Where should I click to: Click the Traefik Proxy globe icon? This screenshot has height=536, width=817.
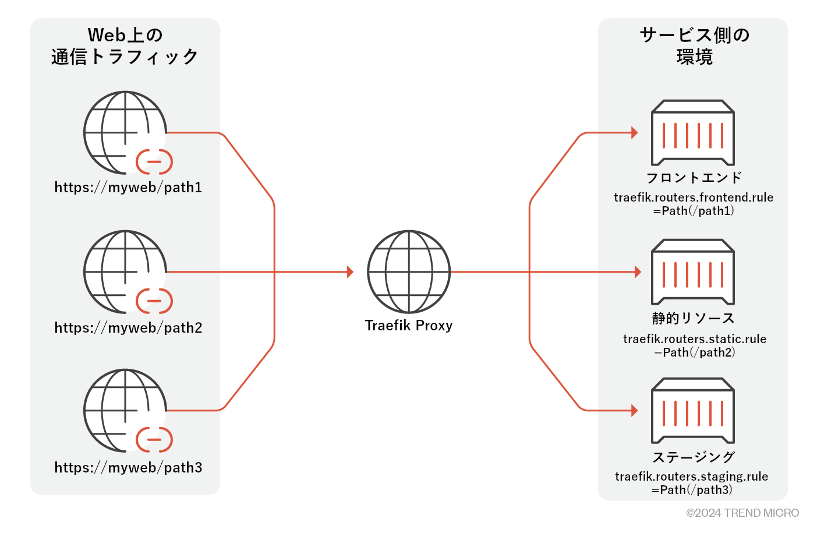pyautogui.click(x=409, y=271)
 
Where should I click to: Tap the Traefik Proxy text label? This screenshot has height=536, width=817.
pyautogui.click(x=409, y=325)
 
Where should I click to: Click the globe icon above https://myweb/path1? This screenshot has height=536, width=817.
pyautogui.click(x=125, y=132)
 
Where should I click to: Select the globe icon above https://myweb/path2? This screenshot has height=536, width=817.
pyautogui.click(x=125, y=271)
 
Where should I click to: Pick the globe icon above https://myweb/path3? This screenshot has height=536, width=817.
pyautogui.click(x=125, y=410)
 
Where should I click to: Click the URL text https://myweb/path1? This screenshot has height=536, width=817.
pyautogui.click(x=128, y=187)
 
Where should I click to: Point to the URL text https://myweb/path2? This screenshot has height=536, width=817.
pyautogui.click(x=128, y=327)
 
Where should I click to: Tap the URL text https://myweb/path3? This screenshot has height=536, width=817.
pyautogui.click(x=128, y=467)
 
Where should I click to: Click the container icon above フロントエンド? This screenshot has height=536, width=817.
pyautogui.click(x=692, y=133)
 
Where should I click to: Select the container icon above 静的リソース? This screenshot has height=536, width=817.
pyautogui.click(x=692, y=271)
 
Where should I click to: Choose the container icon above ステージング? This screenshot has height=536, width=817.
pyautogui.click(x=692, y=410)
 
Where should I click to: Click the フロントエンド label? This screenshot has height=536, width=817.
pyautogui.click(x=694, y=177)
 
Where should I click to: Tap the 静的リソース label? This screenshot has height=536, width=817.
pyautogui.click(x=694, y=318)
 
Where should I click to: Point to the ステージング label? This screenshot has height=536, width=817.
pyautogui.click(x=694, y=457)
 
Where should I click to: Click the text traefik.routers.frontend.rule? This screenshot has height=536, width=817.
pyautogui.click(x=694, y=198)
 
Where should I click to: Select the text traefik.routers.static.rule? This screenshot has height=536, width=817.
pyautogui.click(x=695, y=338)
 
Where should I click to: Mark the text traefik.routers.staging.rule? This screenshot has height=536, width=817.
pyautogui.click(x=692, y=477)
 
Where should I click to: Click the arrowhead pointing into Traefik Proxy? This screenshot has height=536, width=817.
pyautogui.click(x=350, y=271)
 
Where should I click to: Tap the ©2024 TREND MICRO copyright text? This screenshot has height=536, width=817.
pyautogui.click(x=742, y=513)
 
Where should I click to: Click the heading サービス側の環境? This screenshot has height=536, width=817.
pyautogui.click(x=694, y=45)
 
